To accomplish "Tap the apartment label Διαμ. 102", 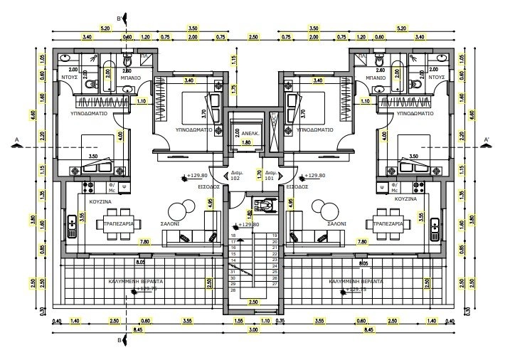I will (x=235, y=177).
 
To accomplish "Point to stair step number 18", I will (x=233, y=235).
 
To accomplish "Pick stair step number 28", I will (x=233, y=290).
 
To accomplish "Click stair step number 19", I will (x=273, y=235).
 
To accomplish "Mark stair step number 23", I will (x=273, y=260).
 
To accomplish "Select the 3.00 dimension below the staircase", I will (x=253, y=332).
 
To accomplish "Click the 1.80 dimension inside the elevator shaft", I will (x=248, y=142).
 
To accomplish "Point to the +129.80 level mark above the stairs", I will (x=249, y=225).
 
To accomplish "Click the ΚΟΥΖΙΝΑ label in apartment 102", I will (x=98, y=202).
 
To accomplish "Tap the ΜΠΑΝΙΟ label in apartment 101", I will (x=376, y=76).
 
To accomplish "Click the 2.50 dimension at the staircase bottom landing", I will (x=253, y=302).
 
